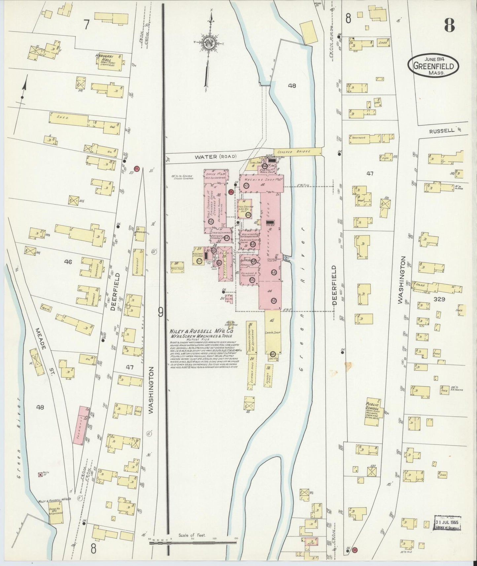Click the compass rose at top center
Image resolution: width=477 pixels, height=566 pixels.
click(x=209, y=43)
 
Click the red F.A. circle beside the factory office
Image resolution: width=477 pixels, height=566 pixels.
click(x=231, y=192)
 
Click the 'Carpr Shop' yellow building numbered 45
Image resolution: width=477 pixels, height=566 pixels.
click(x=272, y=334)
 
